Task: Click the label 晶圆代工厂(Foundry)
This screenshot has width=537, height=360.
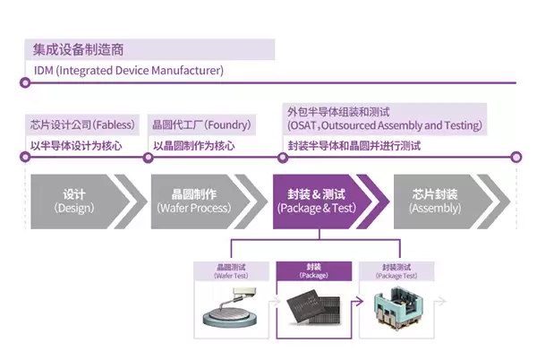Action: pos(201,124)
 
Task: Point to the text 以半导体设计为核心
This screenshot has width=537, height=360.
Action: pos(76,145)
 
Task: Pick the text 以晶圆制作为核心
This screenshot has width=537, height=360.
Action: pos(194,145)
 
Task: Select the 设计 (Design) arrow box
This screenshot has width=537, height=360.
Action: pos(75,201)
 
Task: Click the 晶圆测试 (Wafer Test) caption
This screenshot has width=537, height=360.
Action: pos(231,270)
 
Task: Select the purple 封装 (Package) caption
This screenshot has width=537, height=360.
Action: pos(313,270)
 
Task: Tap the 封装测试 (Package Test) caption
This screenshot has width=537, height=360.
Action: pos(395,270)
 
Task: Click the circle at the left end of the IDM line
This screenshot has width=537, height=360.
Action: pos(25,82)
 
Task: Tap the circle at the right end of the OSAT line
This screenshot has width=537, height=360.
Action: pos(516,157)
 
